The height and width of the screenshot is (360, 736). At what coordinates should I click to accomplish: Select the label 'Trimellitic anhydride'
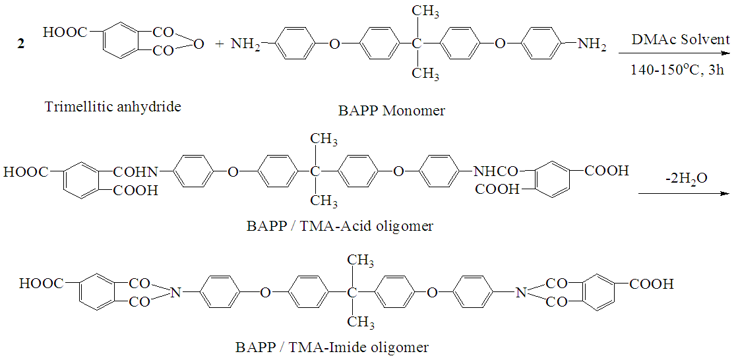coord(113,106)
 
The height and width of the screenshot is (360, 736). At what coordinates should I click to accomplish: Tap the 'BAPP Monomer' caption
coord(391,110)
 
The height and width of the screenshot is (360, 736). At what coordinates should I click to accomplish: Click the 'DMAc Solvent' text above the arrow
coord(681,40)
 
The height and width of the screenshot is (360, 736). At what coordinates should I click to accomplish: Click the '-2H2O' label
coord(687,178)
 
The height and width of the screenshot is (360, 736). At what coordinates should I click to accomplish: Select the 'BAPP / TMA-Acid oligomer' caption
coord(340,225)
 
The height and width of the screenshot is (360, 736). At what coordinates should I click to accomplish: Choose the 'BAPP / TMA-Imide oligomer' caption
coord(332,347)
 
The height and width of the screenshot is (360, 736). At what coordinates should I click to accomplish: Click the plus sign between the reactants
coord(220,44)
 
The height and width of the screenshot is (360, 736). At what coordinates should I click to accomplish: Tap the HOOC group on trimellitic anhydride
coord(65,31)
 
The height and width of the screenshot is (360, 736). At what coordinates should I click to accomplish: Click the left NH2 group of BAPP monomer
coord(245,45)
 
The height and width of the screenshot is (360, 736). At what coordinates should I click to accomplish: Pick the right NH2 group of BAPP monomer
coord(592,45)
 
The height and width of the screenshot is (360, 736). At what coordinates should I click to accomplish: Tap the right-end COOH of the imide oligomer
coord(652,284)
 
